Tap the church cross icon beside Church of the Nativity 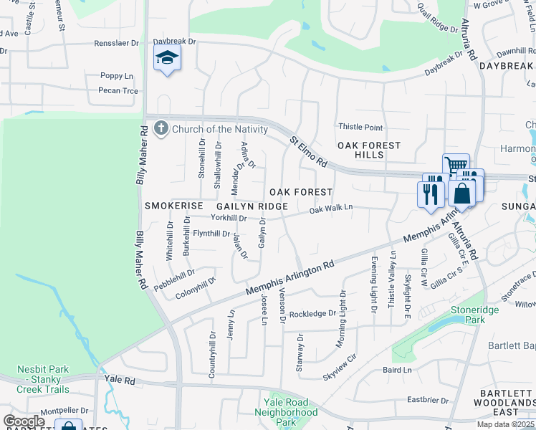pyautogui.click(x=161, y=128)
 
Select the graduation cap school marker pyautogui.click(x=167, y=58)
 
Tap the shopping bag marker pyautogui.click(x=463, y=193)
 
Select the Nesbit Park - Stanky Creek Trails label pyautogui.click(x=44, y=379)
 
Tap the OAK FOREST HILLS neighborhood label pyautogui.click(x=370, y=150)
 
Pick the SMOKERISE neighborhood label pyautogui.click(x=174, y=206)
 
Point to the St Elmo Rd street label pyautogui.click(x=308, y=152)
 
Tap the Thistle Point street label pyautogui.click(x=360, y=128)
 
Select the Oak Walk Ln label pyautogui.click(x=331, y=209)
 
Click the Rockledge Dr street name pyautogui.click(x=312, y=314)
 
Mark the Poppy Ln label pyautogui.click(x=117, y=75)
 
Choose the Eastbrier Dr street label pyautogui.click(x=427, y=400)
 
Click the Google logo pyautogui.click(x=24, y=421)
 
